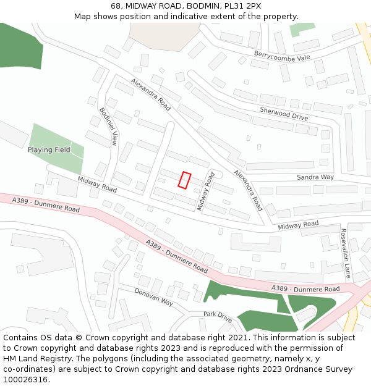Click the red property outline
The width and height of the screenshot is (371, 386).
[184, 180]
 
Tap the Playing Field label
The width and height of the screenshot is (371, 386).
[49, 150]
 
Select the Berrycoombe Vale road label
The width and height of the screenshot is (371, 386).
[281, 56]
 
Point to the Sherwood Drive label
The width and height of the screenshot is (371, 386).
[283, 113]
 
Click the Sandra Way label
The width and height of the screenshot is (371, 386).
[315, 177]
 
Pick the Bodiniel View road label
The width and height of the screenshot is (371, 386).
[108, 127]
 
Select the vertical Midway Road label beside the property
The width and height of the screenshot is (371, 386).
[205, 191]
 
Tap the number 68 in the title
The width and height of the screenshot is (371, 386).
[116, 6]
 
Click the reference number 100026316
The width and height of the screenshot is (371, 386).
[25, 380]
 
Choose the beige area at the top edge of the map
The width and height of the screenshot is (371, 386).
[158, 35]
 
